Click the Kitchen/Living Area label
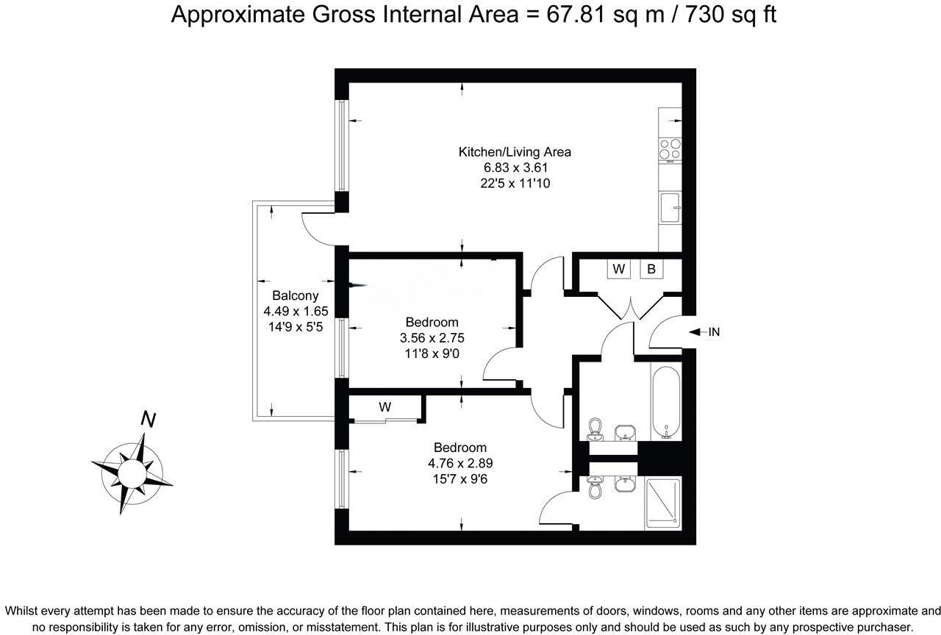click(x=515, y=152)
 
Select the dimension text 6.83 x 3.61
click(x=515, y=168)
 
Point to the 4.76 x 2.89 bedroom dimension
click(x=460, y=463)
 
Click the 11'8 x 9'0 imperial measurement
click(x=432, y=354)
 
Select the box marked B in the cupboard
click(x=651, y=270)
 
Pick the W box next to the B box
click(x=619, y=270)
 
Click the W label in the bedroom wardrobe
click(x=384, y=407)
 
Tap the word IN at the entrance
click(x=713, y=332)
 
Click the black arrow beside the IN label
click(x=695, y=332)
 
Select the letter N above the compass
click(x=148, y=420)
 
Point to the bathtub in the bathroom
click(x=666, y=401)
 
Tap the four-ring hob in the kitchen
click(x=670, y=149)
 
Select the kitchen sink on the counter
click(x=670, y=207)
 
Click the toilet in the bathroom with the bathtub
click(x=596, y=428)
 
